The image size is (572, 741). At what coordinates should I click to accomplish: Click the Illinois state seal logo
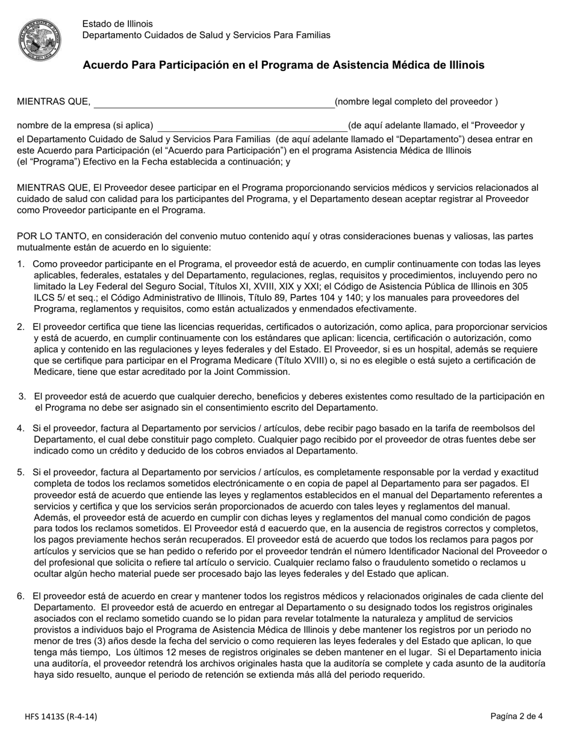point(40,39)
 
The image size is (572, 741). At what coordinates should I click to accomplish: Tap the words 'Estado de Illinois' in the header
point(117,24)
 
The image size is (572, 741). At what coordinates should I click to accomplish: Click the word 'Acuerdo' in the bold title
point(104,65)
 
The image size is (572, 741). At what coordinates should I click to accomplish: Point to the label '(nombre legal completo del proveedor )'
point(416,102)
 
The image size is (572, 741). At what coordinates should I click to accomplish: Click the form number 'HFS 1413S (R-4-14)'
point(61,717)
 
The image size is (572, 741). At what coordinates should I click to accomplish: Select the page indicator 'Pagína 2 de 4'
point(516,717)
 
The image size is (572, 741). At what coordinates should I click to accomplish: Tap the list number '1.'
point(21,264)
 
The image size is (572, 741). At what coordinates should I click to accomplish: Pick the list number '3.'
point(22,396)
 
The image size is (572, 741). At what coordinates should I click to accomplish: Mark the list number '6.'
point(21,596)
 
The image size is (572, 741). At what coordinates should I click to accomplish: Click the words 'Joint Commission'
point(255,372)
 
